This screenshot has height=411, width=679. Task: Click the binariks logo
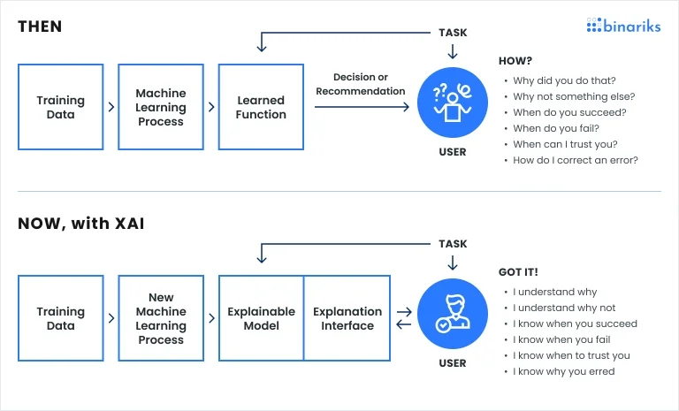(x=623, y=25)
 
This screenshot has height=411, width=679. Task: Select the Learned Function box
(x=261, y=108)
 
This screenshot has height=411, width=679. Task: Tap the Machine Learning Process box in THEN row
(x=160, y=108)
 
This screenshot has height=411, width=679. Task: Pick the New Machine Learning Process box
(x=160, y=318)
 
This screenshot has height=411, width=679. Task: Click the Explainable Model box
(x=261, y=318)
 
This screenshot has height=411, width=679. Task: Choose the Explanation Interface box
(x=347, y=318)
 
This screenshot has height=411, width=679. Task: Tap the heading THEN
(x=40, y=27)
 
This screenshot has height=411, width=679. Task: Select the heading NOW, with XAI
(x=81, y=224)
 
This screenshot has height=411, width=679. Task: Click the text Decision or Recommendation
(x=360, y=84)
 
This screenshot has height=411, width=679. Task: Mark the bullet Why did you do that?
(x=564, y=80)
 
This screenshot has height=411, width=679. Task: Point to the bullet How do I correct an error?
(x=576, y=160)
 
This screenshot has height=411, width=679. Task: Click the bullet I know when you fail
(x=561, y=339)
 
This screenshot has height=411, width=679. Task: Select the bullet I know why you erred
(x=563, y=371)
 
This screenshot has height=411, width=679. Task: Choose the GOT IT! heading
(x=519, y=272)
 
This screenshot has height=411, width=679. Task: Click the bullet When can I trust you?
(x=565, y=144)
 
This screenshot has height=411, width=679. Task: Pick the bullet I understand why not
(x=564, y=308)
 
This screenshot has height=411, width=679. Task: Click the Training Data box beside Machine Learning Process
(x=60, y=108)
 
